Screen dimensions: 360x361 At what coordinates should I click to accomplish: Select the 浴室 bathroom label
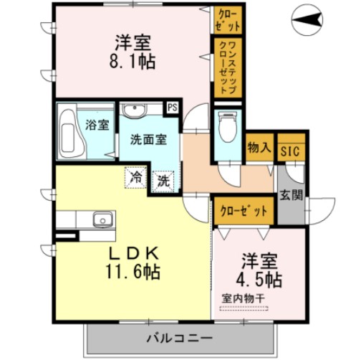pyautogui.click(x=97, y=125)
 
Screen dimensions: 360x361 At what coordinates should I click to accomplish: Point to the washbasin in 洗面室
pyautogui.click(x=134, y=111)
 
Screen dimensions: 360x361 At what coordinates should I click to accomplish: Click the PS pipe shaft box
pyautogui.click(x=173, y=108)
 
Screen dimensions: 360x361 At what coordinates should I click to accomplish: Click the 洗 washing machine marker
pyautogui.click(x=163, y=181)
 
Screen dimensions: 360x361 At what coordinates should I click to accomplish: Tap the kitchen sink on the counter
pyautogui.click(x=100, y=219)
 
